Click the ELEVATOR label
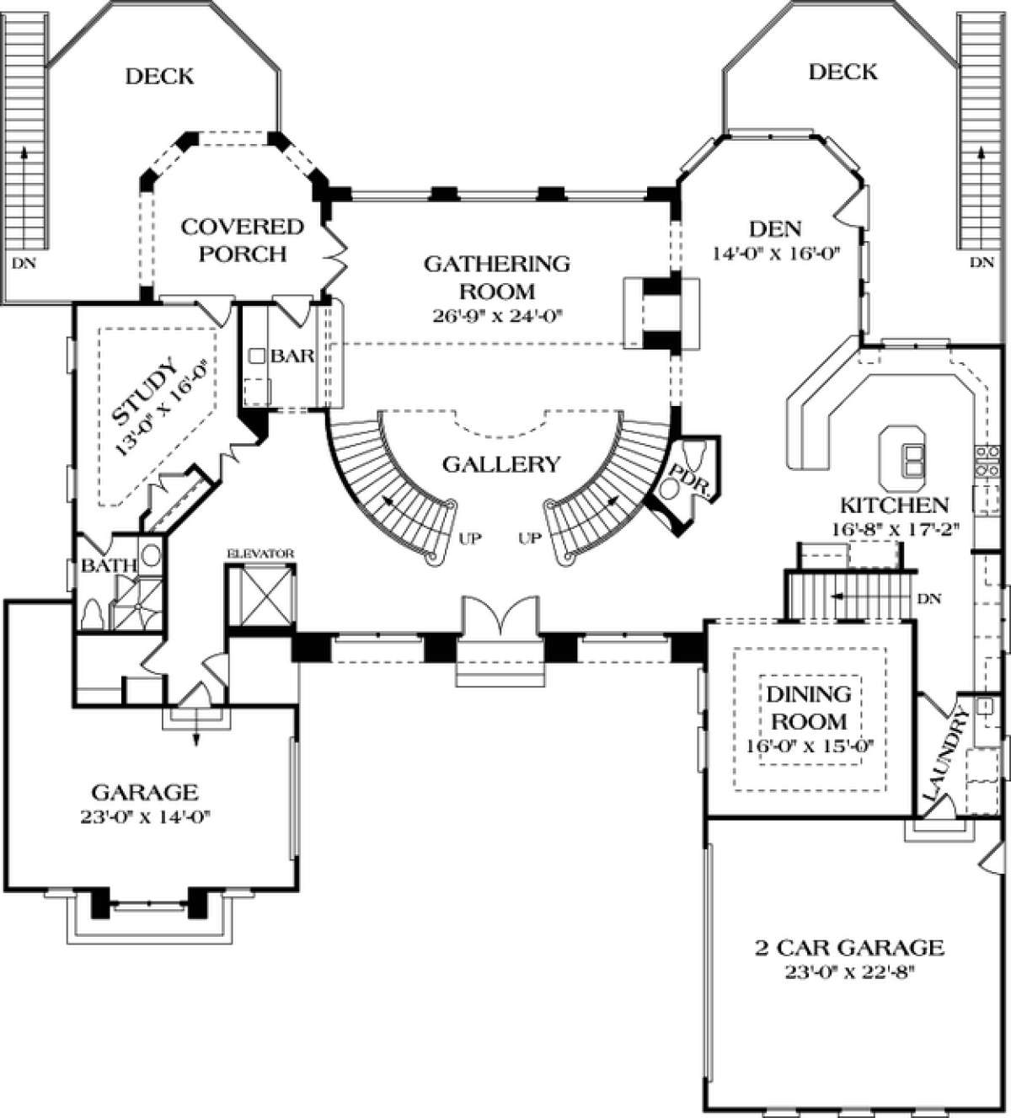pos(260,554)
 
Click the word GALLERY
pos(501,464)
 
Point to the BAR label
pos(292,356)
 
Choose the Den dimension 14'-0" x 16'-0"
pos(776,254)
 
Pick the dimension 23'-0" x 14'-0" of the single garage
pos(145,817)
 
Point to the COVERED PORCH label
pos(243,240)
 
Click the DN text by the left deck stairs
pos(24,263)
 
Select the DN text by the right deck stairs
pos(982,262)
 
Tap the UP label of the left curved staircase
pos(470,538)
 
